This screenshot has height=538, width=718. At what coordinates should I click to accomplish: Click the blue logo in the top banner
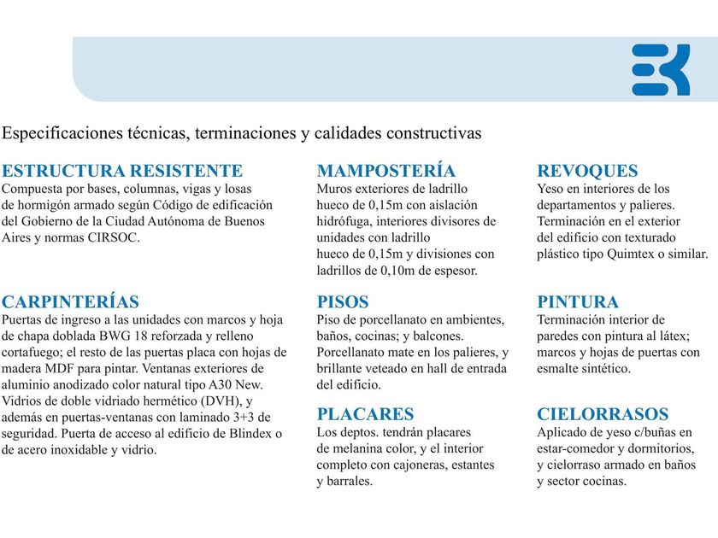point(661,69)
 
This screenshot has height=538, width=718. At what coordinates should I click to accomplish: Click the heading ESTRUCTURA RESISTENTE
point(122,171)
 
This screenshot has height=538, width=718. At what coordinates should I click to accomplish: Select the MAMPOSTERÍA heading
point(385,171)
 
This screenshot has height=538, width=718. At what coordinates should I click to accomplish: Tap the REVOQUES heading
point(587,171)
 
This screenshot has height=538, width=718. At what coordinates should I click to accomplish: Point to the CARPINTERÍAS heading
point(70,301)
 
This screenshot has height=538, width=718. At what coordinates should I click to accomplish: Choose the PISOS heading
point(343,301)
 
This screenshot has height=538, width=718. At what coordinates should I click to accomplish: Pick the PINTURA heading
point(578,301)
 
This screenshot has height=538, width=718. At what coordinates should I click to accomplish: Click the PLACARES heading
point(365,414)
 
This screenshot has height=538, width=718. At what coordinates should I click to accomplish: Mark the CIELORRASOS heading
point(603,414)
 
